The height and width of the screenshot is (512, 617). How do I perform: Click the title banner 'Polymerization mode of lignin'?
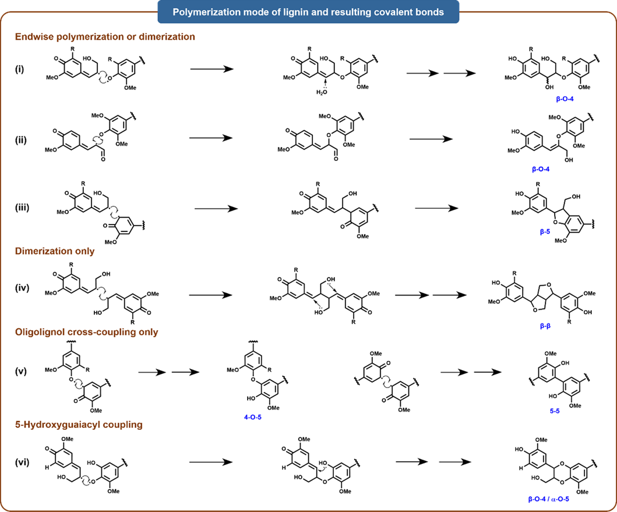(308, 12)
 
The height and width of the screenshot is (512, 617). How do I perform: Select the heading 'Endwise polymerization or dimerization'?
(105, 37)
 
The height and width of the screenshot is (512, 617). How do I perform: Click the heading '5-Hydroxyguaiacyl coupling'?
(79, 425)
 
